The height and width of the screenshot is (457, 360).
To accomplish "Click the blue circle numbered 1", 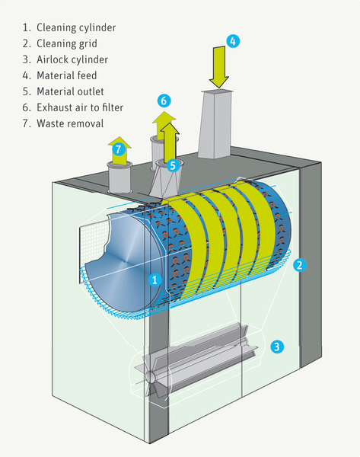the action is (155, 280).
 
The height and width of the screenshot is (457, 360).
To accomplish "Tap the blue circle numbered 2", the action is (300, 265).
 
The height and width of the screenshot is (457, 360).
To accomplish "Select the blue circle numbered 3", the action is (277, 347).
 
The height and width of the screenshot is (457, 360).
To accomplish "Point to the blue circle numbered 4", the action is (233, 41).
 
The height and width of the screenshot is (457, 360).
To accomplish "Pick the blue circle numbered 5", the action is (173, 165).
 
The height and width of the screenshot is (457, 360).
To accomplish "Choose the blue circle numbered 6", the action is (164, 101).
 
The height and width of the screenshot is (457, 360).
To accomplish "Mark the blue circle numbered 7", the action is (118, 149).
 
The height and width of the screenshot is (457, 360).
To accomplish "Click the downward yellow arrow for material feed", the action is (219, 67).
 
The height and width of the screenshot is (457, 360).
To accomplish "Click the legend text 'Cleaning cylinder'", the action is (76, 27).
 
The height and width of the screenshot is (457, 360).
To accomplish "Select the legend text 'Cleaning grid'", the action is (67, 43).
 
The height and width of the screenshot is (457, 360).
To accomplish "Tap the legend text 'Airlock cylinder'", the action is (72, 59).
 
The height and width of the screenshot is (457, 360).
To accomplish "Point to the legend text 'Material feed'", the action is (67, 75).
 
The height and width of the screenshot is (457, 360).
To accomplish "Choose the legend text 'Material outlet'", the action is (70, 91).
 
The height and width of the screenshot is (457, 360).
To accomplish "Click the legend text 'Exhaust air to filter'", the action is (80, 107).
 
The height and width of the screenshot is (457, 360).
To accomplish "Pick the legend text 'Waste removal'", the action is (70, 123).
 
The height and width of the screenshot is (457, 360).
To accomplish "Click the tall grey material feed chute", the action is (215, 124).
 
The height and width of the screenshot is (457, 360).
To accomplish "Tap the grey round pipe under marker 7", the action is (119, 177).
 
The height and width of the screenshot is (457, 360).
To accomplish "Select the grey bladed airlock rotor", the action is (196, 363).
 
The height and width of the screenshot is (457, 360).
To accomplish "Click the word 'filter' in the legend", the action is (113, 107).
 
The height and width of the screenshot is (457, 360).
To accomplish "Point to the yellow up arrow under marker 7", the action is (119, 151).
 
